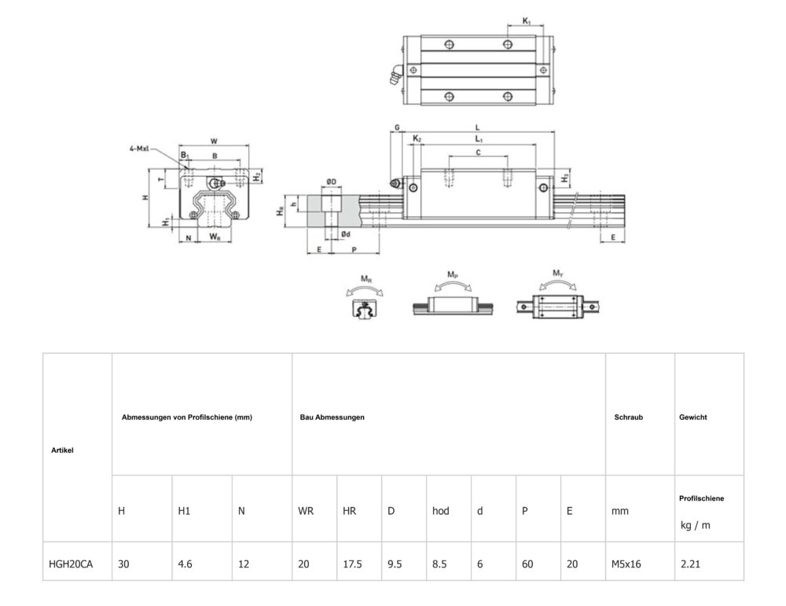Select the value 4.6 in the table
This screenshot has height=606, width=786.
click(185, 563)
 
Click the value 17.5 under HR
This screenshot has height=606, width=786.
click(352, 563)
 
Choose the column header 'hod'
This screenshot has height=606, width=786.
click(441, 511)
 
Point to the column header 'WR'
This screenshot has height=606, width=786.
click(306, 511)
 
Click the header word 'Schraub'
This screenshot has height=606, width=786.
click(628, 417)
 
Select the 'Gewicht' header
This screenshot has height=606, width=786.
click(692, 417)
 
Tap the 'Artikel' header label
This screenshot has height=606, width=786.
click(62, 450)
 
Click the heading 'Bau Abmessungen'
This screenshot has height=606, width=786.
click(332, 417)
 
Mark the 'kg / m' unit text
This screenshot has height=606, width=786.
click(696, 525)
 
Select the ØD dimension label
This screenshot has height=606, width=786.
click(332, 182)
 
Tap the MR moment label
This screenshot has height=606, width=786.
click(366, 278)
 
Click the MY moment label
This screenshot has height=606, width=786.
click(556, 274)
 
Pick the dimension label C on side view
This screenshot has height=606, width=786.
click(478, 152)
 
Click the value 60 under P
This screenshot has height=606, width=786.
click(527, 563)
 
